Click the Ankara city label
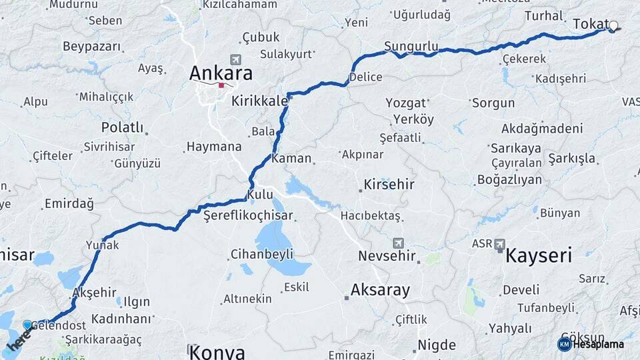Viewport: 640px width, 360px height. (221, 72)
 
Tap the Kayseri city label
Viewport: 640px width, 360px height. (539, 255)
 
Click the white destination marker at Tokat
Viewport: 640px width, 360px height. (613, 27)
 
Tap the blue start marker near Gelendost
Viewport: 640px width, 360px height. (27, 325)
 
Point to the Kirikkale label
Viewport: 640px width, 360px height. (259, 101)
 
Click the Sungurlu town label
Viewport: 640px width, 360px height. (411, 47)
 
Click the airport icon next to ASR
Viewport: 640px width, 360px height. (499, 245)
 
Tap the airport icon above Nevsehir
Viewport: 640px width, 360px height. (398, 243)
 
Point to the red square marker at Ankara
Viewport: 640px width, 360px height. (221, 85)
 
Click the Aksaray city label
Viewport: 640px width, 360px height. (380, 290)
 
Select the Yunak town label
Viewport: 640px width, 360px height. (102, 245)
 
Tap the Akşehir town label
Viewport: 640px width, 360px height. (93, 292)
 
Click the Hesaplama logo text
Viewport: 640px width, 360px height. (597, 344)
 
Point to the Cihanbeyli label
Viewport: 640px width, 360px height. (262, 254)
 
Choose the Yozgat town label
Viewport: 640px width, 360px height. (405, 103)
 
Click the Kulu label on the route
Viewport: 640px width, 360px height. (260, 195)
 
